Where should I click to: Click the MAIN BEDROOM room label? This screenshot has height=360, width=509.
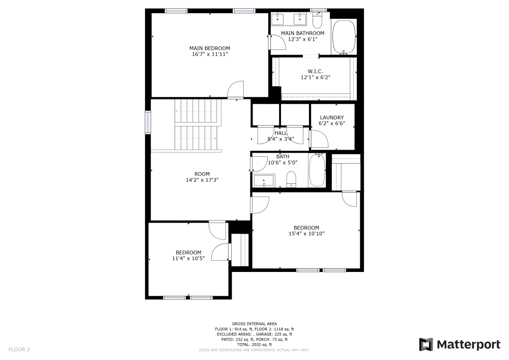pos(210,48)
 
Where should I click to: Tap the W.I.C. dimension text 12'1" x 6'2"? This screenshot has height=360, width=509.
pos(315,77)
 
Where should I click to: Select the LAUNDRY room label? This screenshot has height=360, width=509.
pos(331,118)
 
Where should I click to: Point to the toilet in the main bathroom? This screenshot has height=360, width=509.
pos(317,20)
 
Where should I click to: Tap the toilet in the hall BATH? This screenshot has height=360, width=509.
pos(292,179)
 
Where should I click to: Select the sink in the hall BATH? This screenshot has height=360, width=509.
pos(264,180)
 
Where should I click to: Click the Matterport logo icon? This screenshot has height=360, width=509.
pos(426,345)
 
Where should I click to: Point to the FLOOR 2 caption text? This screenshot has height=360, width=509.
pos(19,350)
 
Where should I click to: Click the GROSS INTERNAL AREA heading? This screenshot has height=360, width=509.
pos(254,324)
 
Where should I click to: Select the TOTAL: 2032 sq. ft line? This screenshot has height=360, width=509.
pos(254,345)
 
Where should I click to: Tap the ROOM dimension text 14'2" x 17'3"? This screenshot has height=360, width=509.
pos(202,180)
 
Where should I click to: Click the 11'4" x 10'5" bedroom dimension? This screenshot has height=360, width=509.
pos(188,258)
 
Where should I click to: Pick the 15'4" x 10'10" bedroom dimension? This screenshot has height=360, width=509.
pos(306,234)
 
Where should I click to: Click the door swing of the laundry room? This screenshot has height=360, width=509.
pos(318,139)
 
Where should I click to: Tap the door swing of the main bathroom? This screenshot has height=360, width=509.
pos(277,42)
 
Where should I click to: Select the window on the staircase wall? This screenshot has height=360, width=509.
pos(148,122)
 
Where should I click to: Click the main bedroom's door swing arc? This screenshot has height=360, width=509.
pos(235,90)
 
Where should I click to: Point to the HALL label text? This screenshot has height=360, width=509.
pos(281,133)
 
